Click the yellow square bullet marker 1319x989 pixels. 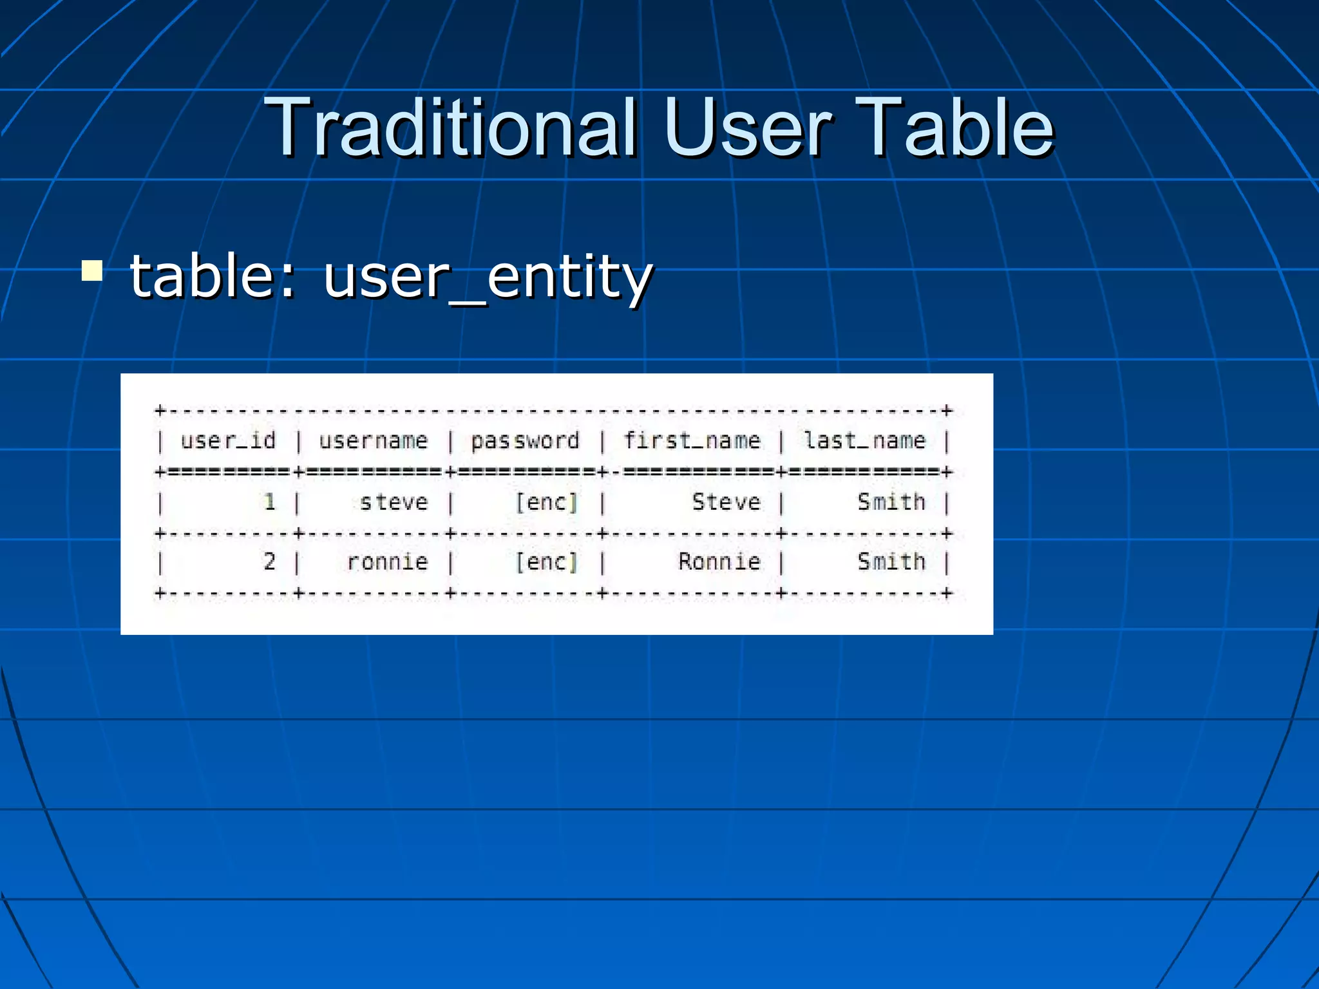click(x=92, y=271)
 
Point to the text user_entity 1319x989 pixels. click(x=488, y=277)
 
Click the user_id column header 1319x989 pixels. click(x=228, y=441)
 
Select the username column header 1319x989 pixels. click(x=374, y=441)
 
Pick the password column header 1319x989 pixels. click(x=525, y=441)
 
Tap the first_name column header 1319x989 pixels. click(x=692, y=441)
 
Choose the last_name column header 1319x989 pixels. click(x=864, y=441)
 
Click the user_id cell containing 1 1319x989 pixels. click(x=270, y=502)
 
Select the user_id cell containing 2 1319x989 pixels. click(x=270, y=561)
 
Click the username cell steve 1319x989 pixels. click(x=394, y=502)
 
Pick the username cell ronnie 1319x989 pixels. click(x=387, y=562)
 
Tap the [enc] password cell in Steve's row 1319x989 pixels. click(x=546, y=502)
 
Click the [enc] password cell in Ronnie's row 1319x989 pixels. click(x=546, y=562)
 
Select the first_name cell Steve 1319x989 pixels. click(x=726, y=502)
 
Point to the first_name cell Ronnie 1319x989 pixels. click(x=719, y=561)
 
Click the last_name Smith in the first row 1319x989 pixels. click(x=891, y=502)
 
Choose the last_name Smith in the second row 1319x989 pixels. click(x=891, y=561)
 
